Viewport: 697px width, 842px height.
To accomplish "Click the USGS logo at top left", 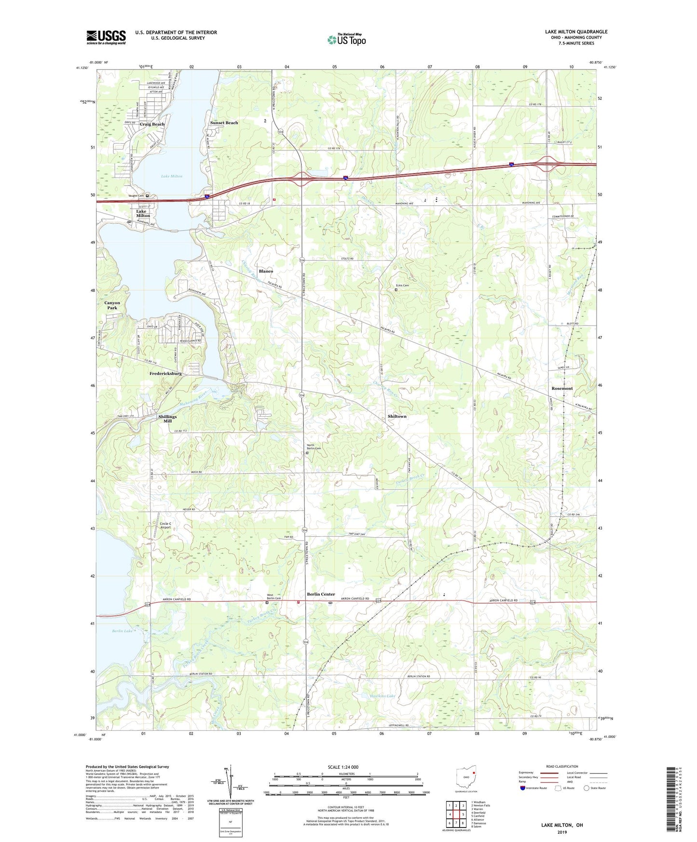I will click(106, 37).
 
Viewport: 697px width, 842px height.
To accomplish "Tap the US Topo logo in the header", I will click(346, 40).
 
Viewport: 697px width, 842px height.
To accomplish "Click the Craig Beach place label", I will click(152, 124).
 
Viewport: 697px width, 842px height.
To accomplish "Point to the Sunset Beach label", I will click(224, 122).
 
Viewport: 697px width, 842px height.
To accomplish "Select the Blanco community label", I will click(266, 271).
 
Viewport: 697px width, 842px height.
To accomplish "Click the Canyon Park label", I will click(112, 305).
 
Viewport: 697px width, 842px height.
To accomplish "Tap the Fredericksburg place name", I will click(165, 373).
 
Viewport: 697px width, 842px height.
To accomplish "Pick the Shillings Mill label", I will click(167, 419).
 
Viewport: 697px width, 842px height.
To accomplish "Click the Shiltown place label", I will click(397, 416).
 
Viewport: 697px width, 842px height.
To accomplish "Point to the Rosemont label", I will click(562, 388).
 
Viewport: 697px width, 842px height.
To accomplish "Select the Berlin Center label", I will click(321, 594).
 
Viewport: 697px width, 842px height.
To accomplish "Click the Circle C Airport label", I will click(165, 525).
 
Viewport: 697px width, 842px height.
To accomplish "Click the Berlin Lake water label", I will click(122, 631).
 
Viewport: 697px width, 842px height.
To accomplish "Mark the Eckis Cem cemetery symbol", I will click(396, 290).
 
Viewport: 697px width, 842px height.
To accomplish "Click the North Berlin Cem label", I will click(314, 447).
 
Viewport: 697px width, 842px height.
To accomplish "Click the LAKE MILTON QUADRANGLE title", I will click(576, 32).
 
